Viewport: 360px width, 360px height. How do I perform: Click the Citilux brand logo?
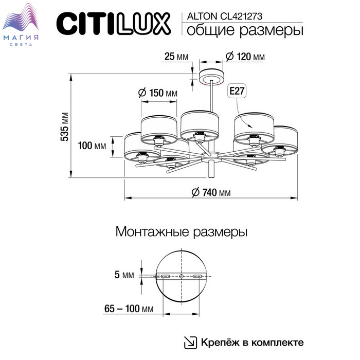114,24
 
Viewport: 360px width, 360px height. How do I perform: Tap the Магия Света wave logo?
21,25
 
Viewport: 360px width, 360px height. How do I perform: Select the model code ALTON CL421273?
225,16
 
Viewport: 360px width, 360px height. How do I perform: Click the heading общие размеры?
245,30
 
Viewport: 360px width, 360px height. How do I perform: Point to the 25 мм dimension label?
176,57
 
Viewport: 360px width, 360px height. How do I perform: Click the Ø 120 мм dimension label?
245,57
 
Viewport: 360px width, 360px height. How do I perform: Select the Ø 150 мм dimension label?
158,93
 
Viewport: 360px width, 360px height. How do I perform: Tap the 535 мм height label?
64,127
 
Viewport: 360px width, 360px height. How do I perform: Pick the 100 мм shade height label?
92,146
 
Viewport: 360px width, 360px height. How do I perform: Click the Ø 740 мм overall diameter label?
211,192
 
